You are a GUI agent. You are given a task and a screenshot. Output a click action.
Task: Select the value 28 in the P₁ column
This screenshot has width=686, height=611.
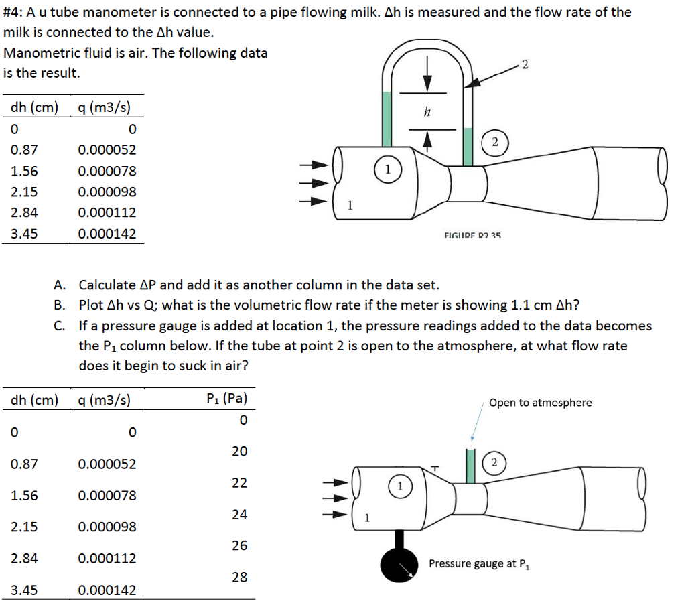(239, 577)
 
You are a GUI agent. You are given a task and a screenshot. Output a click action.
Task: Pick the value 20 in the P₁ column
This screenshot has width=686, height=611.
(239, 451)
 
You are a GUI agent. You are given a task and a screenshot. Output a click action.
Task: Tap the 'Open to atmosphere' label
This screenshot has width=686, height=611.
(540, 403)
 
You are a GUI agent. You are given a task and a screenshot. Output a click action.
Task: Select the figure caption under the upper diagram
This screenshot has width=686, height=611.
(472, 235)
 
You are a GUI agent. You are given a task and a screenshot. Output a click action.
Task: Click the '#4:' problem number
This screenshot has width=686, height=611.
(15, 12)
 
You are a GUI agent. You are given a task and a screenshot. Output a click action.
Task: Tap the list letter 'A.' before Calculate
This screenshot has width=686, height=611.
(60, 285)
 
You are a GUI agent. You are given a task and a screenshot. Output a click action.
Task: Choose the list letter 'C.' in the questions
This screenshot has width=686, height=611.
(60, 326)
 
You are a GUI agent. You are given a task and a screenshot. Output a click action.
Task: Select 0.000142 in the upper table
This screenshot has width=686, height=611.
(107, 234)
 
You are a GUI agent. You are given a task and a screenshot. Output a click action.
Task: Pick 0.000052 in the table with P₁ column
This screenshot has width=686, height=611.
(107, 464)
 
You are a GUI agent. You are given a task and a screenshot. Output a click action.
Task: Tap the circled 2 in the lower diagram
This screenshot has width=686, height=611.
(494, 462)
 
